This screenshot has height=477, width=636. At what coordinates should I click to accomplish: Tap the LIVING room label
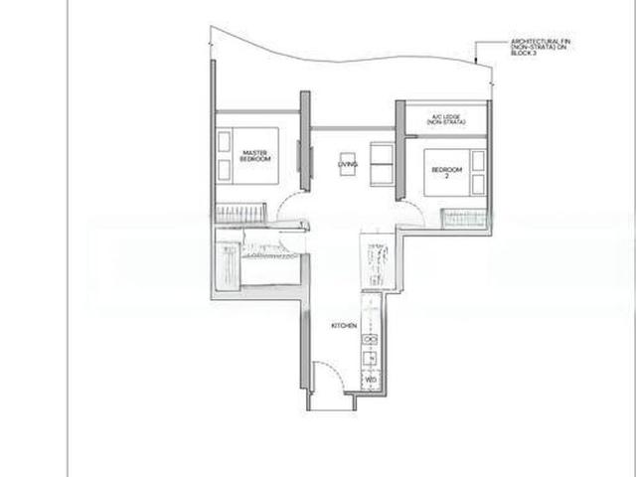click(347, 164)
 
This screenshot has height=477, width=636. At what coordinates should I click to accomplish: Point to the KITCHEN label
click(343, 326)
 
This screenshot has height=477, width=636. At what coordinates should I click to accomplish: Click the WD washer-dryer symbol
click(370, 380)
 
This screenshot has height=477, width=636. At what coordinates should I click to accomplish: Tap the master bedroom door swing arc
click(292, 211)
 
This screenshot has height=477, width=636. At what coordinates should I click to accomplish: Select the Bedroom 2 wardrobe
click(463, 218)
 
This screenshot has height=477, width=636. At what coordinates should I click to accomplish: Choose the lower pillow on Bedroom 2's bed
click(478, 183)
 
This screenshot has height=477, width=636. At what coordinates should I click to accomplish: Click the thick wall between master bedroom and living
click(305, 139)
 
